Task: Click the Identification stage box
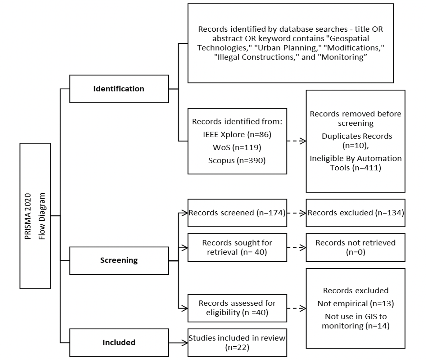pyautogui.click(x=119, y=89)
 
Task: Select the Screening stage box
pyautogui.click(x=119, y=260)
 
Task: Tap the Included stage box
pyautogui.click(x=119, y=343)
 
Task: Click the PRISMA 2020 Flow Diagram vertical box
pyautogui.click(x=35, y=216)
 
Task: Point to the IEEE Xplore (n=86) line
pyautogui.click(x=237, y=134)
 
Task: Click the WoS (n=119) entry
pyautogui.click(x=237, y=147)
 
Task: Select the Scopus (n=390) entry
pyautogui.click(x=237, y=160)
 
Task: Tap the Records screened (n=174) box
pyautogui.click(x=237, y=213)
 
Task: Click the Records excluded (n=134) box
pyautogui.click(x=356, y=213)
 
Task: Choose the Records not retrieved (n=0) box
pyautogui.click(x=356, y=247)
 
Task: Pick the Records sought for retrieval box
pyautogui.click(x=237, y=247)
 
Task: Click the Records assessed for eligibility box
pyautogui.click(x=237, y=308)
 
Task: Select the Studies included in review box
pyautogui.click(x=237, y=343)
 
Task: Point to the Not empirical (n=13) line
pyautogui.click(x=356, y=304)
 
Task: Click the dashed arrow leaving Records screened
pyautogui.click(x=297, y=213)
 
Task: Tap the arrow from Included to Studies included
pyautogui.click(x=178, y=343)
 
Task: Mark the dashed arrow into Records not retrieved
pyautogui.click(x=297, y=247)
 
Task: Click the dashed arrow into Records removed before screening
pyautogui.click(x=297, y=141)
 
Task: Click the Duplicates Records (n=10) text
pyautogui.click(x=357, y=141)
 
